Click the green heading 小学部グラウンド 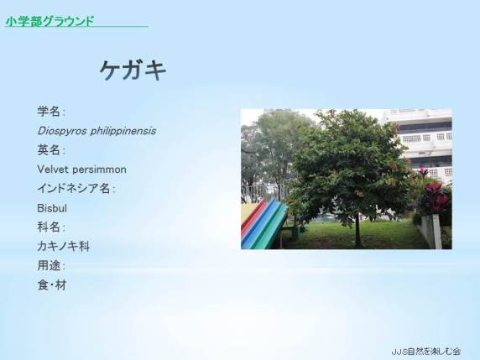point(50,21)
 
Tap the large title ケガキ point(133,70)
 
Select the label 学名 point(49,111)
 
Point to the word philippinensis point(123,131)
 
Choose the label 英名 point(49,150)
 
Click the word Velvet point(53,170)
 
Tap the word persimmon point(99,170)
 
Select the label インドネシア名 point(74,189)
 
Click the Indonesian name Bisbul point(52,208)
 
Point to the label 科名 point(49,227)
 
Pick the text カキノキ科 point(64,247)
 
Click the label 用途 point(49,265)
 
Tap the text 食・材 point(52,285)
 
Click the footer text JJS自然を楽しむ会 point(425,351)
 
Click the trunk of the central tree point(357,230)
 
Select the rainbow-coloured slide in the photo point(263,225)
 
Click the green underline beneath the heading point(77,27)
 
